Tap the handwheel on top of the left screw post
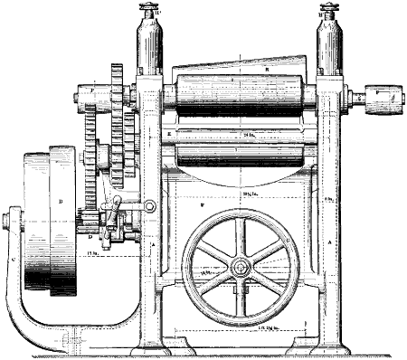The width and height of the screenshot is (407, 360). pos(147,12)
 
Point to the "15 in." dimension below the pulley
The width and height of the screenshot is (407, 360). pos(93,254)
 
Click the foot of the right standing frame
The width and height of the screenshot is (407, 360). pos(327,346)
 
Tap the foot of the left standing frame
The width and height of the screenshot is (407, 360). pos(149,346)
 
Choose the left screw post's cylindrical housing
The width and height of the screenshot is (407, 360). pos(147,50)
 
